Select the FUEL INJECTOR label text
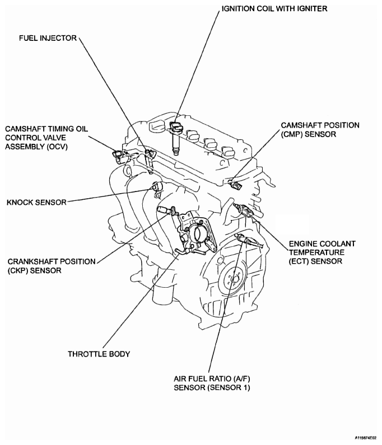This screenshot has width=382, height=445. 49,39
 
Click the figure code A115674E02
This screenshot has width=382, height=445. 365,438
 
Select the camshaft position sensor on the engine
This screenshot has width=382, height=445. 235,182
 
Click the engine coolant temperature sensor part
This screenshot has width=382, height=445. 245,210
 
